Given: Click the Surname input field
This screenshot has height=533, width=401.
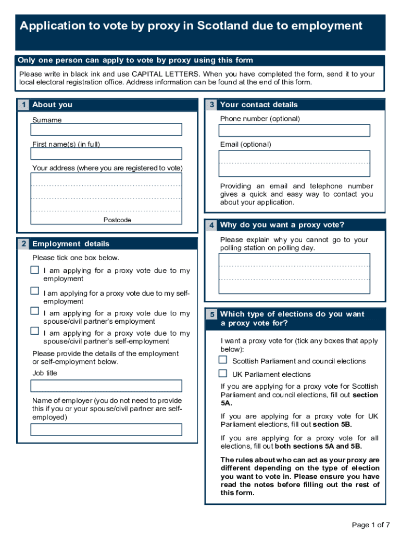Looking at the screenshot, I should pyautogui.click(x=106, y=129).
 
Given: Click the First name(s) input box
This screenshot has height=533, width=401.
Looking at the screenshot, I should pyautogui.click(x=106, y=154).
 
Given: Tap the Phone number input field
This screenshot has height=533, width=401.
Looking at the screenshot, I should pyautogui.click(x=295, y=130).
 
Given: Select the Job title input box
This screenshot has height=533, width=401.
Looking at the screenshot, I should pyautogui.click(x=106, y=386).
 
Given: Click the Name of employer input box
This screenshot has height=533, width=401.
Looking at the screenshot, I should pyautogui.click(x=106, y=429).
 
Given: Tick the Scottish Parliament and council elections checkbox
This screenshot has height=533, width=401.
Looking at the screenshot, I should pyautogui.click(x=223, y=360).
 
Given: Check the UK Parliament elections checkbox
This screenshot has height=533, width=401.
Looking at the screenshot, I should pyautogui.click(x=223, y=373).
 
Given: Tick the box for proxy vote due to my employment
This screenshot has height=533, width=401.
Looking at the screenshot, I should pyautogui.click(x=35, y=270).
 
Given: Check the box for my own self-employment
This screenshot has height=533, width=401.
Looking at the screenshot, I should pyautogui.click(x=35, y=290).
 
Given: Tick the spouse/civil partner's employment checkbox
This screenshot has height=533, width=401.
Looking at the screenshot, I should pyautogui.click(x=35, y=311).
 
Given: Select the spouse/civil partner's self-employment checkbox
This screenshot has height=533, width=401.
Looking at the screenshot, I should pyautogui.click(x=35, y=331).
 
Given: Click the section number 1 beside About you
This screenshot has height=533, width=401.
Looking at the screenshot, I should pyautogui.click(x=23, y=105).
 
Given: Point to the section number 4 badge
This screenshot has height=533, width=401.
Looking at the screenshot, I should pyautogui.click(x=211, y=225).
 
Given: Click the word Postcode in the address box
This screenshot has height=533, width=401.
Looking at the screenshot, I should pyautogui.click(x=117, y=220).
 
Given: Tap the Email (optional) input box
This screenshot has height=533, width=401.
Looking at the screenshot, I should pyautogui.click(x=295, y=163).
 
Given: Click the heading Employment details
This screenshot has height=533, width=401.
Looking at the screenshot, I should pyautogui.click(x=71, y=244).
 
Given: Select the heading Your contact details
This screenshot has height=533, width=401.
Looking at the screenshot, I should pyautogui.click(x=259, y=105).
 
